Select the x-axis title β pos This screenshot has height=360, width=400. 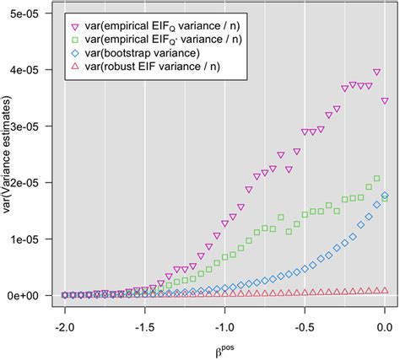point(224,347)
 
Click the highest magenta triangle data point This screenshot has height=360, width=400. point(376,73)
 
